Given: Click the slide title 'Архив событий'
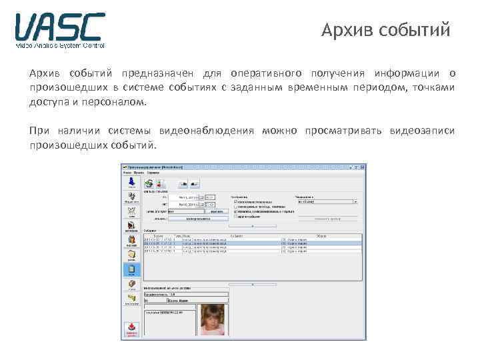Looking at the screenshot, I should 385,31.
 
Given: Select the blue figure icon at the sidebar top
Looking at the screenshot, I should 131,182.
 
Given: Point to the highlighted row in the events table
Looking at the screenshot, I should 252,244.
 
